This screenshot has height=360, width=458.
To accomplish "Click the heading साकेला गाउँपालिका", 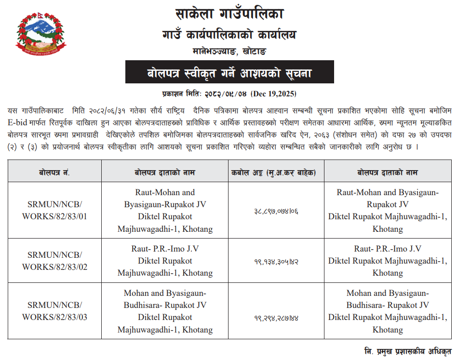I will (229, 14).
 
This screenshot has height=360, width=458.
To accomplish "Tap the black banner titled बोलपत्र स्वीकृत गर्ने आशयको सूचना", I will (229, 73).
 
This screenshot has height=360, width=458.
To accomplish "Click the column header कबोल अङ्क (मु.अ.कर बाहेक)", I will (276, 173).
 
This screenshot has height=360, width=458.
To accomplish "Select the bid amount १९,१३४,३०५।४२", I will (276, 261).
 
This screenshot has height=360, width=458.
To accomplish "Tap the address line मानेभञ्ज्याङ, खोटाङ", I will (229, 51).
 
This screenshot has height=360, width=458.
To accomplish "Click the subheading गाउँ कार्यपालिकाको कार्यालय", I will (229, 35).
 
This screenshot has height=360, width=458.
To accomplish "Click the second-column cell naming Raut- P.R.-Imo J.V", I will (165, 261).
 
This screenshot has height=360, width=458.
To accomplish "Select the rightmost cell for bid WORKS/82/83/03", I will (388, 311).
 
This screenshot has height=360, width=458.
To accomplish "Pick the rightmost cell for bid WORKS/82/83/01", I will (388, 211).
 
